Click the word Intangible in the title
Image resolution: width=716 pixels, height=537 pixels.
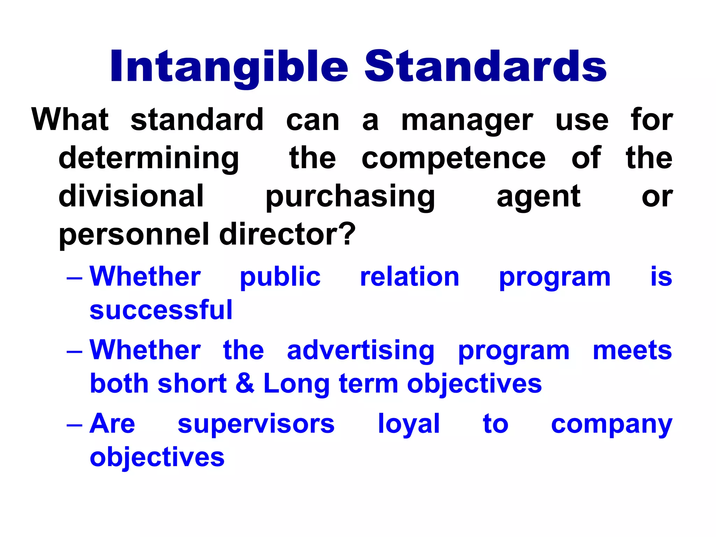[x=229, y=66]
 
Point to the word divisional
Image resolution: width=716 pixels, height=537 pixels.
[x=131, y=196]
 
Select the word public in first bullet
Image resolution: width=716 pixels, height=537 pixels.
[x=280, y=277]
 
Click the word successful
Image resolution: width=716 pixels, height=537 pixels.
[x=161, y=310]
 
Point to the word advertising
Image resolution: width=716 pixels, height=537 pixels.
[x=360, y=351]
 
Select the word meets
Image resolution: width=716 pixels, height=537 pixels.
[x=632, y=351]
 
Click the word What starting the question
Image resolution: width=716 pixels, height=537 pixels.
[x=70, y=120]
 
